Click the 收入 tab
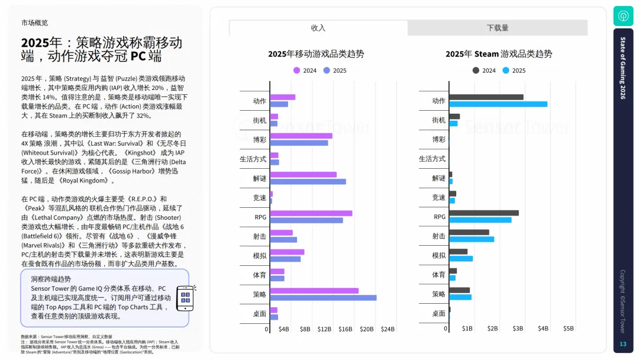318,28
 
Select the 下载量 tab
497,28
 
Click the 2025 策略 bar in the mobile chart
323,298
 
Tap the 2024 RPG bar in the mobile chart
311,213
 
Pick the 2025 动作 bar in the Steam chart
498,104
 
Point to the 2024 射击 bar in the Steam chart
469,232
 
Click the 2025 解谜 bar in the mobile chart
308,181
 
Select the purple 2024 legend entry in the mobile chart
305,70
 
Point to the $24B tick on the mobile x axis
387,329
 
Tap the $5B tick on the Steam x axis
568,329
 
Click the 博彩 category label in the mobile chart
259,139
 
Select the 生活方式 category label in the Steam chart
432,159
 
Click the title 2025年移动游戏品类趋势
316,54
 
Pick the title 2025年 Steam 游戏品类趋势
498,54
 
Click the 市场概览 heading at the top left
34,22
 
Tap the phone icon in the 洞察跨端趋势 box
186,298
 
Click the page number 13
622,344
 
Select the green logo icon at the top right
623,15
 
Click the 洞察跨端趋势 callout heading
51,279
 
